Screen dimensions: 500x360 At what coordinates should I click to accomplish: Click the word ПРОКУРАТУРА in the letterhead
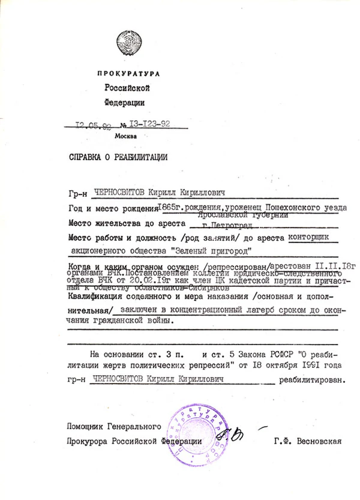[128, 74]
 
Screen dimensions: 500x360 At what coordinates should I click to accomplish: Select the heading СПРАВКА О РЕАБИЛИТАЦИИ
[118, 158]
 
